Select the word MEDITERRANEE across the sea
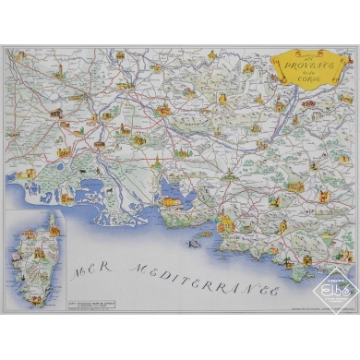pyautogui.click(x=203, y=275)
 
